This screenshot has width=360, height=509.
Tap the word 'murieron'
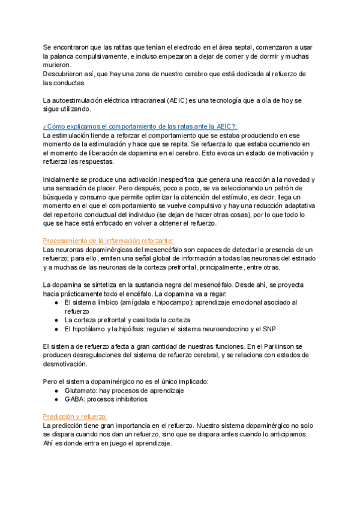pyautogui.click(x=57, y=65)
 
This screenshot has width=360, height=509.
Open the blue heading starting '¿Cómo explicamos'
pyautogui.click(x=140, y=127)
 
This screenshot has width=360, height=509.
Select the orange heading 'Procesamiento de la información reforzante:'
pyautogui.click(x=108, y=241)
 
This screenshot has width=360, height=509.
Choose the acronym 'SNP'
pyautogui.click(x=269, y=329)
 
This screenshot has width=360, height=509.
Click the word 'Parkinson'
pyautogui.click(x=272, y=346)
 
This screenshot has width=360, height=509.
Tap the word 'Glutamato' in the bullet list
pyautogui.click(x=81, y=390)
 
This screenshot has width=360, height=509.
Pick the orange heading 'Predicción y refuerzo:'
pyautogui.click(x=75, y=417)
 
